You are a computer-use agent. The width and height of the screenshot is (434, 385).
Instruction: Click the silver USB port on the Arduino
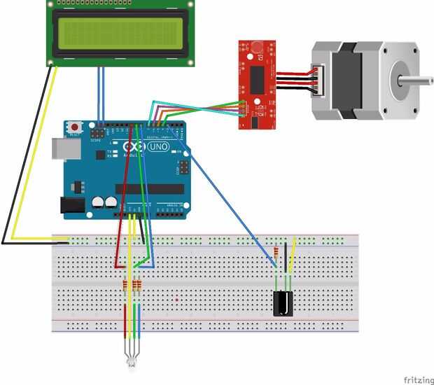coord(63,149)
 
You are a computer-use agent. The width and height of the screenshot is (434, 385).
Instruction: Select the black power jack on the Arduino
coord(71,205)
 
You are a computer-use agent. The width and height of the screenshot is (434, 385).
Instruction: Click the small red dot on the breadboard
coord(178,300)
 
